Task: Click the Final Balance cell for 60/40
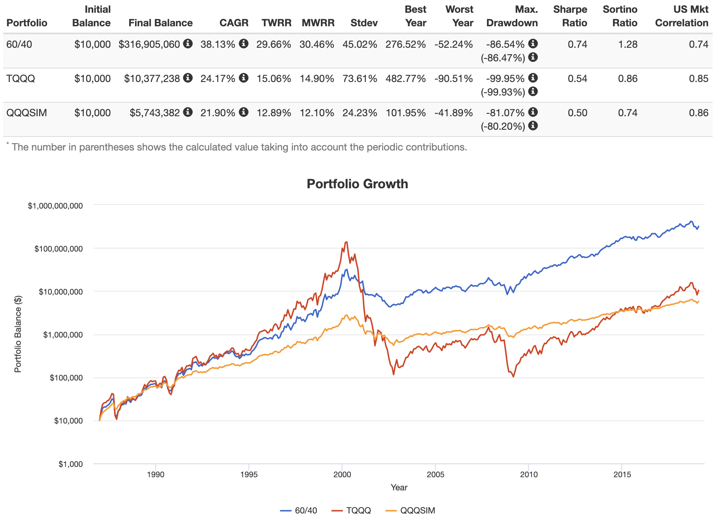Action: click(149, 44)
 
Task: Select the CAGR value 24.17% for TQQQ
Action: click(218, 78)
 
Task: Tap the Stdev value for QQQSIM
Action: click(359, 113)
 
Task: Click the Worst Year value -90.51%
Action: click(454, 78)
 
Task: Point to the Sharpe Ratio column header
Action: click(570, 16)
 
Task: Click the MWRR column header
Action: click(318, 23)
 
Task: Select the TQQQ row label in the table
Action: click(21, 78)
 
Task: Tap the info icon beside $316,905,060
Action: click(188, 43)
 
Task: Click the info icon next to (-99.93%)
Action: click(533, 92)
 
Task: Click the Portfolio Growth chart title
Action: click(357, 184)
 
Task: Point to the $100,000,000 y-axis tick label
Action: click(59, 249)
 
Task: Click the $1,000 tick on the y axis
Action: click(71, 464)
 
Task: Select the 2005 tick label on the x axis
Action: click(435, 474)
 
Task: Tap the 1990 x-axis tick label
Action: click(155, 474)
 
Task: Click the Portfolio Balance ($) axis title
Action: click(18, 334)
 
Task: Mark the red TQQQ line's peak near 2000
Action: click(346, 242)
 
